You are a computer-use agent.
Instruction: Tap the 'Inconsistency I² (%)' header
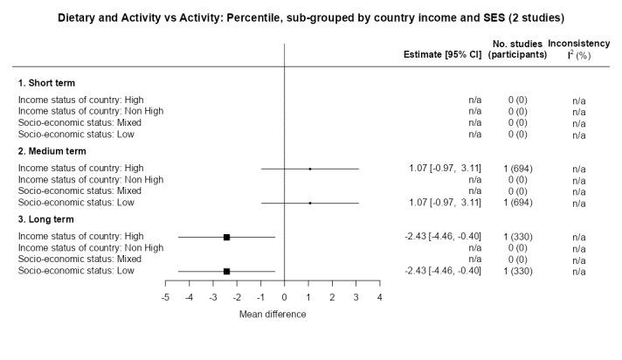(579, 49)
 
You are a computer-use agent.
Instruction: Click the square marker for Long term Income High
(226, 237)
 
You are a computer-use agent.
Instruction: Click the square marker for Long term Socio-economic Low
(226, 271)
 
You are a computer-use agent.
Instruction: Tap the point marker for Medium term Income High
(310, 168)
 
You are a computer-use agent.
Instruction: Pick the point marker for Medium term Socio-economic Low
(310, 202)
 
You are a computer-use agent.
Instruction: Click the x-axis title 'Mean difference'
(273, 315)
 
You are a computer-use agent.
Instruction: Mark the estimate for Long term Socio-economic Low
(443, 271)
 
